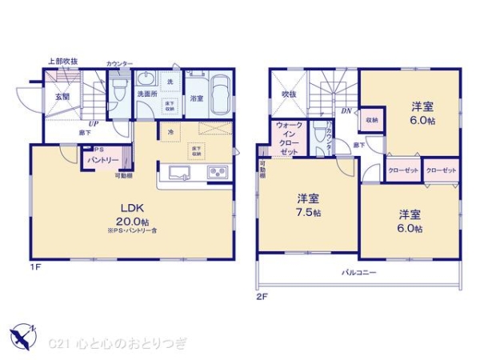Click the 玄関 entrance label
62,97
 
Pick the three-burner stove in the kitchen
218,173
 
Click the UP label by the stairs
94,125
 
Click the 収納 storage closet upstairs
372,120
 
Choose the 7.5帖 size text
307,213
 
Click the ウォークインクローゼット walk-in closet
288,138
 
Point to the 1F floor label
35,266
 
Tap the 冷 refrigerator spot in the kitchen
170,131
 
